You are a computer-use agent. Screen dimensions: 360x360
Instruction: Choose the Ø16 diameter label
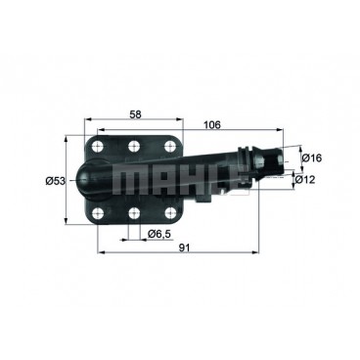[x=309, y=157]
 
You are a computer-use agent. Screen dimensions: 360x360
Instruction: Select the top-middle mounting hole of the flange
[x=132, y=147]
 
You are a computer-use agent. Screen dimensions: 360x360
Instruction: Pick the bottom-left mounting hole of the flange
[x=99, y=213]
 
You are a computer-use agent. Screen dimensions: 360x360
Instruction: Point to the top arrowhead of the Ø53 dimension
[x=69, y=136]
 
